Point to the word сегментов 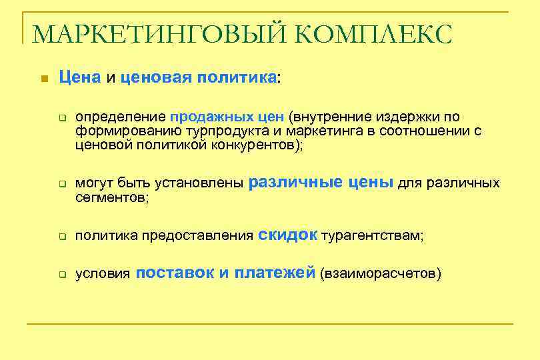coord(110,197)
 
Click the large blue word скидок coord(287,235)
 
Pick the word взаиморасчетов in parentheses coord(381,274)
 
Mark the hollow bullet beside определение coord(60,119)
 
